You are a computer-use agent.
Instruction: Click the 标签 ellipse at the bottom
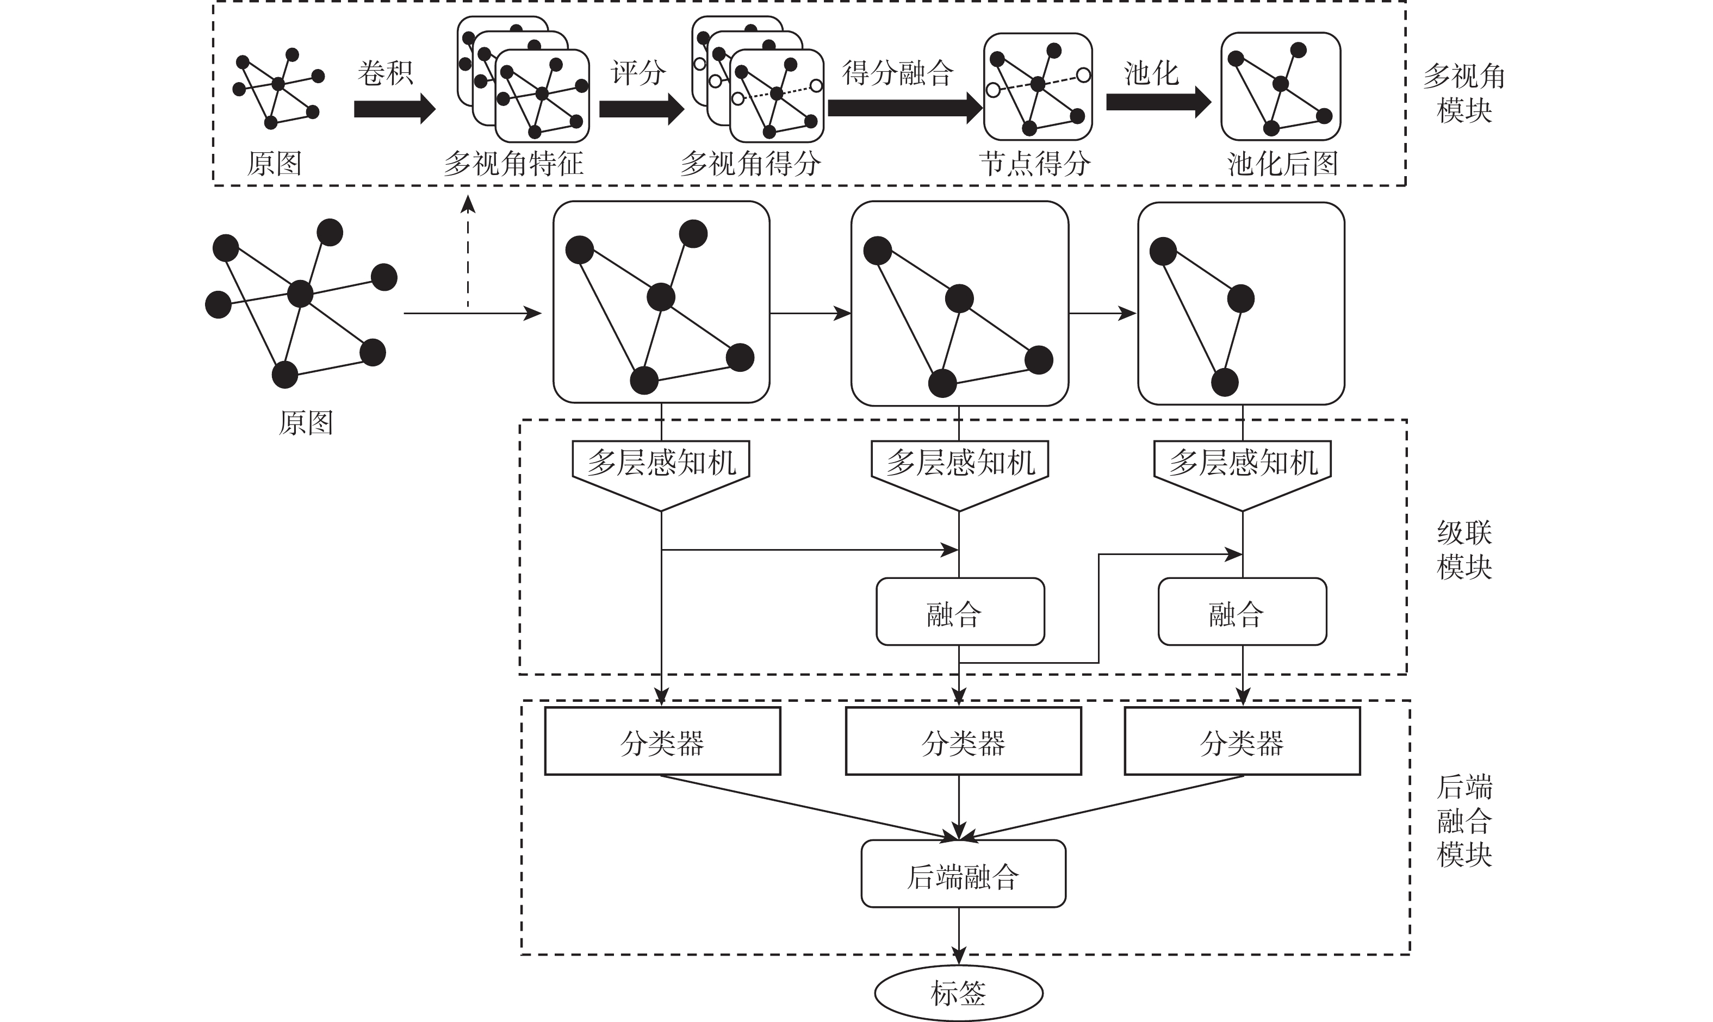[958, 993]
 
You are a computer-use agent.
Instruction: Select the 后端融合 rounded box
[963, 873]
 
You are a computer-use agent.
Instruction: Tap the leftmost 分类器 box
[662, 741]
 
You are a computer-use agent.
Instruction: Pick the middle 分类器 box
[963, 741]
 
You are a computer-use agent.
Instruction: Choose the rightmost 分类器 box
[1242, 741]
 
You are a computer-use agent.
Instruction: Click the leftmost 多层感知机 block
[661, 468]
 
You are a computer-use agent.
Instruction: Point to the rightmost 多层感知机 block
[1243, 468]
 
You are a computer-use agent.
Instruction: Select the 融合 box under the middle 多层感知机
[959, 612]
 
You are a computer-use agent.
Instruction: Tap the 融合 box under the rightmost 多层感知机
[1242, 612]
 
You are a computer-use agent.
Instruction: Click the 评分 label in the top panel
[638, 72]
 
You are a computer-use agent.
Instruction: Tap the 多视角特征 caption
[513, 163]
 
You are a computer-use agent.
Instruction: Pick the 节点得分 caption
[1034, 163]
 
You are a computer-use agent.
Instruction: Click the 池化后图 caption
[1282, 163]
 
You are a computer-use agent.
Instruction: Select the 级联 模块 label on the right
[1463, 550]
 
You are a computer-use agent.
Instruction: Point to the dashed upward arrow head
[468, 203]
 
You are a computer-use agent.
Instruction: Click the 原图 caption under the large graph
[305, 422]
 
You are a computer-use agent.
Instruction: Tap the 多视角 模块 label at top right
[1463, 93]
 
